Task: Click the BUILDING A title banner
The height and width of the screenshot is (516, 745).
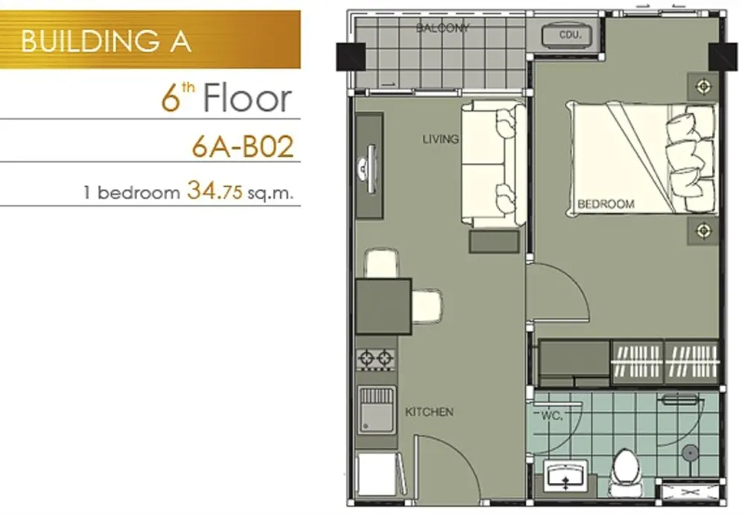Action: tap(150, 39)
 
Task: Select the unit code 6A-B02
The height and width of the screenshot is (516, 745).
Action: tap(243, 147)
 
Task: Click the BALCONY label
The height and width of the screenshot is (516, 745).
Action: tap(443, 28)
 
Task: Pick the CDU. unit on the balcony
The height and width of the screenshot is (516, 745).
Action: tap(568, 34)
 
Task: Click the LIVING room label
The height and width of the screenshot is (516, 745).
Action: tap(440, 139)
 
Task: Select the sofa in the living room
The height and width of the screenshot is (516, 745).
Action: tap(492, 163)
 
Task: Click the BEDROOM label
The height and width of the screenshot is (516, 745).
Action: tap(606, 204)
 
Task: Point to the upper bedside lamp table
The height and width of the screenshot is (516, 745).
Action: tap(703, 87)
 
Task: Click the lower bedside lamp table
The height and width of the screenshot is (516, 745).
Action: tap(703, 231)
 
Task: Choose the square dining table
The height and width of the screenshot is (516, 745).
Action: tap(384, 307)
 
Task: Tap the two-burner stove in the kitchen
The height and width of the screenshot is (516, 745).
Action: tap(375, 358)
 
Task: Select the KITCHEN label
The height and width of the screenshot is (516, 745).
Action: tap(429, 412)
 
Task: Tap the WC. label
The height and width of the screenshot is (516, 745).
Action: tap(552, 416)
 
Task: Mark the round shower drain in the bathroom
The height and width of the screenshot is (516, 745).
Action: tap(689, 453)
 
